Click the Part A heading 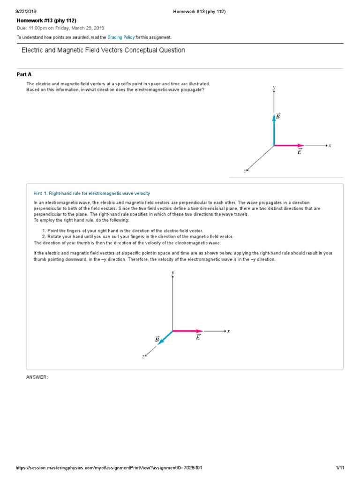[24, 75]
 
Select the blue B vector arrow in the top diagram [274, 129]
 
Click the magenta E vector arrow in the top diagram [289, 145]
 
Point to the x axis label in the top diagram [330, 145]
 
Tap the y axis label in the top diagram [274, 88]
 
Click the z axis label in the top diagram [244, 171]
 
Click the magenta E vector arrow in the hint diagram [187, 331]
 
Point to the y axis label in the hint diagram [173, 272]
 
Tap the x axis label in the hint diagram [229, 331]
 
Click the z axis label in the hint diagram [143, 357]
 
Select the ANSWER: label [37, 377]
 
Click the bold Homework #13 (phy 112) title [46, 21]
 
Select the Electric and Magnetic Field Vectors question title [103, 50]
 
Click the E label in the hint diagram [198, 337]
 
